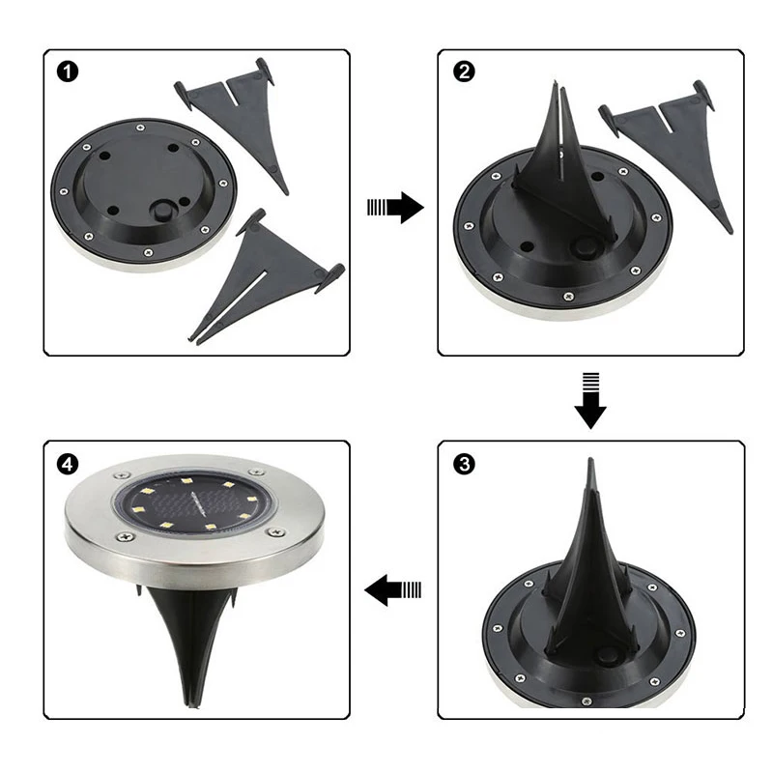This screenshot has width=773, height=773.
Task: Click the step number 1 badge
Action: (x=68, y=72)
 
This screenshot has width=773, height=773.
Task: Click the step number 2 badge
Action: (x=464, y=72)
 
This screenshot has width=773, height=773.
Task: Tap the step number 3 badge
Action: (x=464, y=464)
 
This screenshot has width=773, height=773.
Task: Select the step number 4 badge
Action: (x=68, y=464)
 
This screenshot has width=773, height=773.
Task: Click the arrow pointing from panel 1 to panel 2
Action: (x=395, y=208)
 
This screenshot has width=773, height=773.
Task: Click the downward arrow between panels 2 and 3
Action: (x=590, y=400)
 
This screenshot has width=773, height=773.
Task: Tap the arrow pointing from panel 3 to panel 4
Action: (x=393, y=589)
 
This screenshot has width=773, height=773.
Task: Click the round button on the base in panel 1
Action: (x=162, y=212)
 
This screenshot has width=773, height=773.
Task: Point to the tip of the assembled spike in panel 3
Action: (x=590, y=459)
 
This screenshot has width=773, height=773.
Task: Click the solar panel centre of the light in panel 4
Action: (x=195, y=503)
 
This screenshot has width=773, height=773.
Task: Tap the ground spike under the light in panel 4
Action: (x=191, y=641)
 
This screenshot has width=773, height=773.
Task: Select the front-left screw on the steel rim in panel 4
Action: (x=126, y=535)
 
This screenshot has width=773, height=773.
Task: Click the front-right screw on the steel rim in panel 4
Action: (x=275, y=532)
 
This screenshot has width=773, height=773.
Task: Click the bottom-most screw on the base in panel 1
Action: (x=148, y=253)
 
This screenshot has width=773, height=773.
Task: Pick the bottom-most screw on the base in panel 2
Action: (x=568, y=297)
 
